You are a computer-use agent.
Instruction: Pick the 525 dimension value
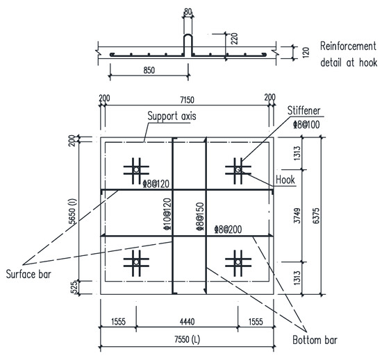pos(81,286)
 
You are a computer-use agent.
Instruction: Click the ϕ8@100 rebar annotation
pos(307,126)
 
